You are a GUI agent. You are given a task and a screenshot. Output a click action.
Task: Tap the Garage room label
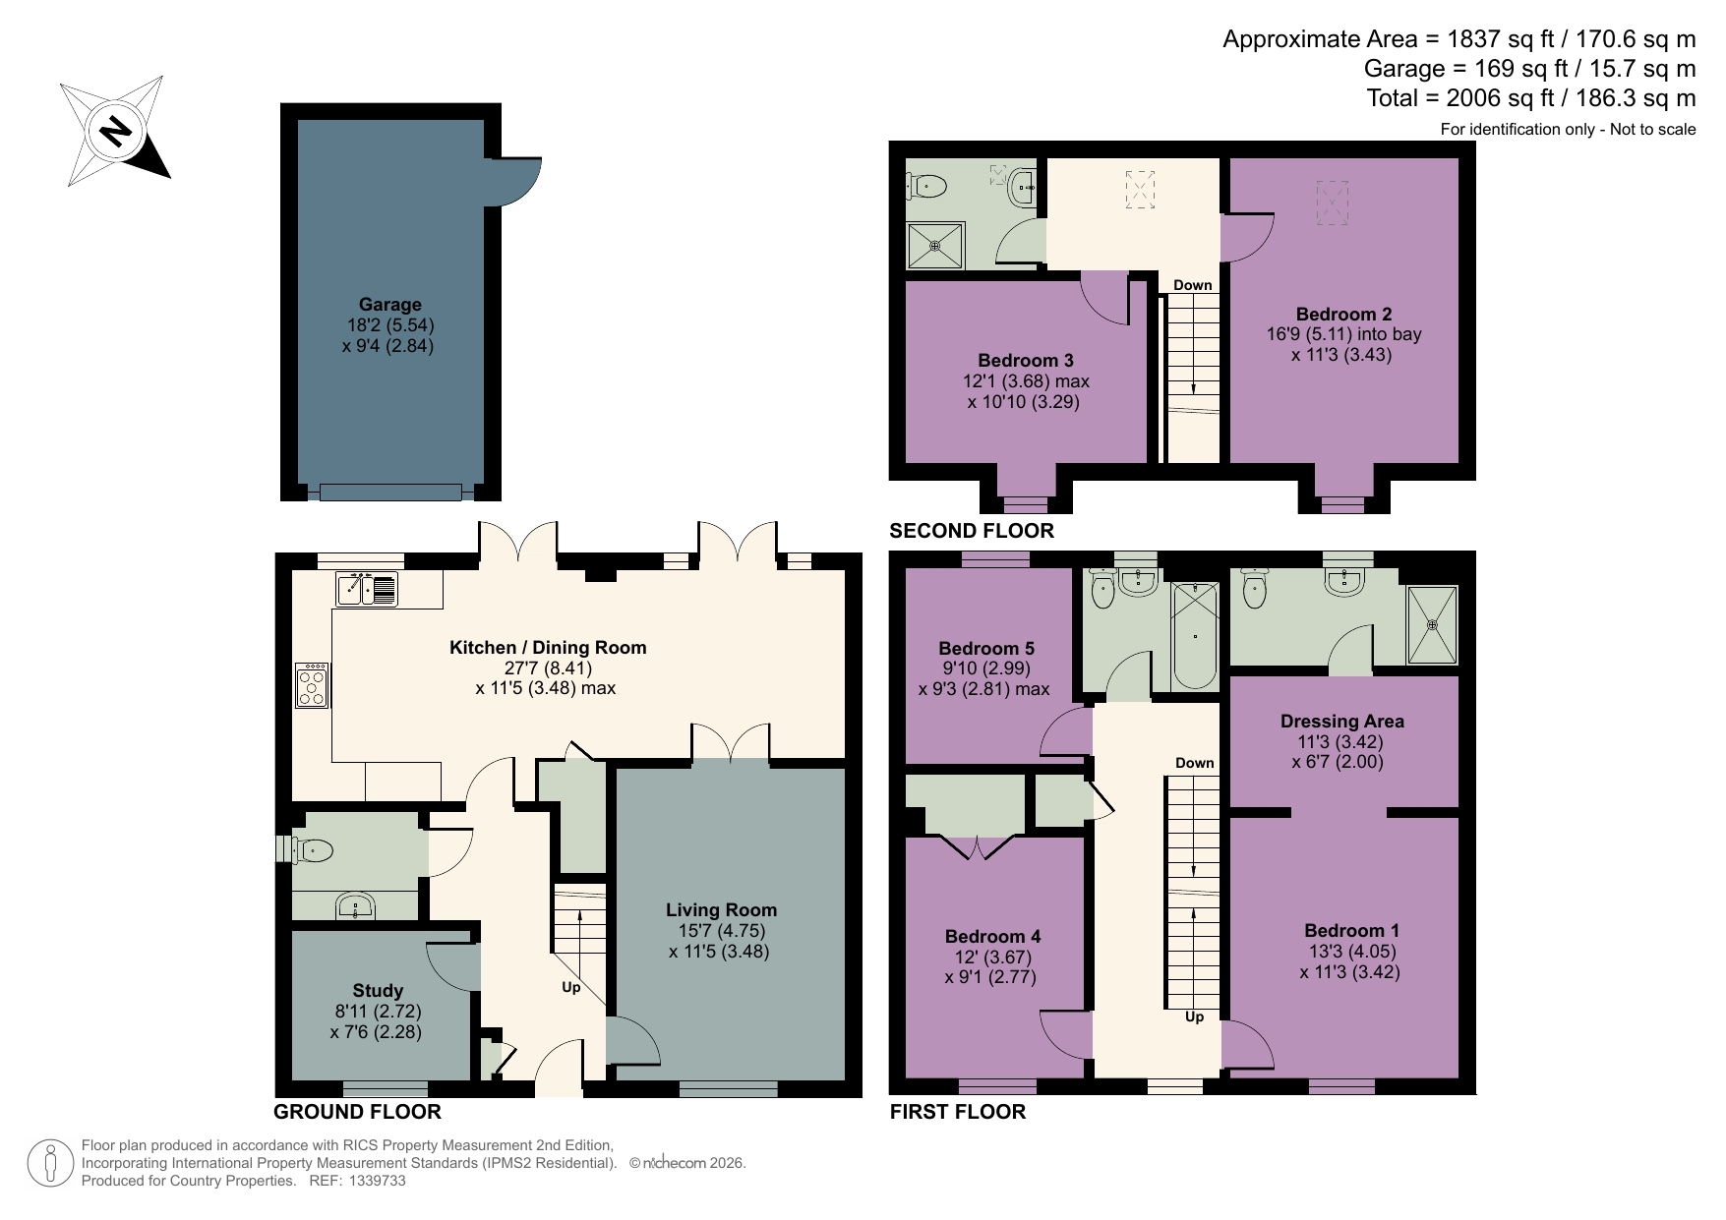[389, 305]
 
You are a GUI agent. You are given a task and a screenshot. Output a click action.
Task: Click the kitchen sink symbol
[366, 589]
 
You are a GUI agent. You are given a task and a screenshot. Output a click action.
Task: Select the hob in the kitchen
[313, 685]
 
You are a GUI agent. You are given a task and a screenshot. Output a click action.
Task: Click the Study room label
[378, 990]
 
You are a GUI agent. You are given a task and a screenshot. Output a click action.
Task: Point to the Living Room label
[721, 909]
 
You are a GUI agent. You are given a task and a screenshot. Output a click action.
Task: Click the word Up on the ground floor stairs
[570, 987]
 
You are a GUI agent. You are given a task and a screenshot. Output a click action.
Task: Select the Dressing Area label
[1341, 721]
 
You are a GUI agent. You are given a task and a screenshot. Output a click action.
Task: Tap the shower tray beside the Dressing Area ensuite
[1432, 624]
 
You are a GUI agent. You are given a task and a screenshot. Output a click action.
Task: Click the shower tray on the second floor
[935, 246]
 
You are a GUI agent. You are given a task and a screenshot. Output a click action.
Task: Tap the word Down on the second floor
[1192, 285]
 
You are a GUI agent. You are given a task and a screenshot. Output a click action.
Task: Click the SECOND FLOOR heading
[971, 531]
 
